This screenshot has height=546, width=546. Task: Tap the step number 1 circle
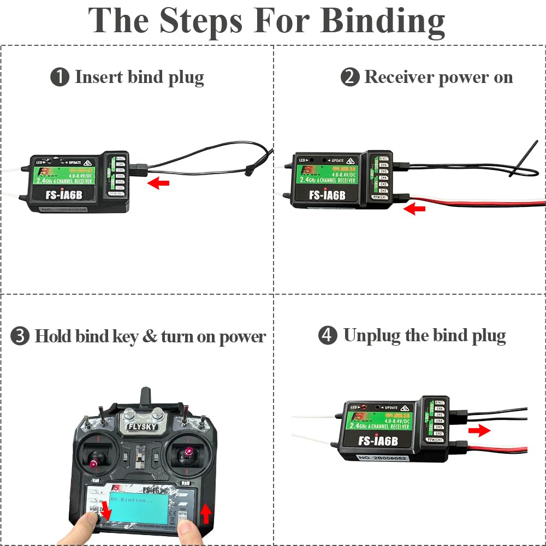(60, 77)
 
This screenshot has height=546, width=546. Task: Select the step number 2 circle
(349, 77)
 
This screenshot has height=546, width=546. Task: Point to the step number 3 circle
(20, 336)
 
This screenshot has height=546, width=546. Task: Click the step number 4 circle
(328, 335)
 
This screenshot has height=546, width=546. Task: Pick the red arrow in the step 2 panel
(415, 208)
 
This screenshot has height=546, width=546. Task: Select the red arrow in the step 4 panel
(479, 431)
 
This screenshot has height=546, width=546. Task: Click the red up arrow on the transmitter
(206, 513)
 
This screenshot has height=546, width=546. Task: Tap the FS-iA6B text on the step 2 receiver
(327, 195)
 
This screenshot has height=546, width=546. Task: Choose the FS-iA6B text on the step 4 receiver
(379, 441)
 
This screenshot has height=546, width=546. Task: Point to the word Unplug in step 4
(371, 335)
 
